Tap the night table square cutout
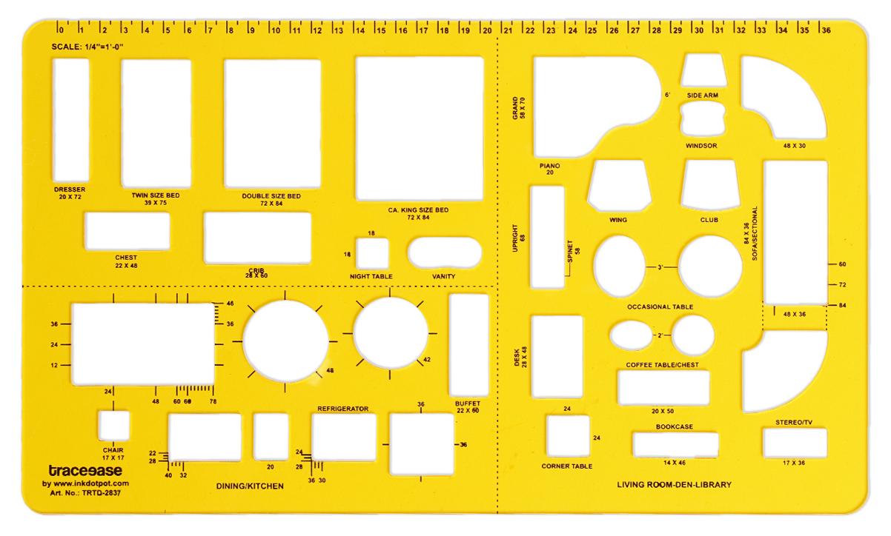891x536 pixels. pos(372,253)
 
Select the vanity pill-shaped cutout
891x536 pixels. pos(444,252)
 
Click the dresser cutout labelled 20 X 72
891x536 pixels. pos(71,120)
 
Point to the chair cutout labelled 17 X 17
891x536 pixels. pos(113,426)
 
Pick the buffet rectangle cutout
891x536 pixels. pos(468,345)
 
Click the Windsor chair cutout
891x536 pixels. pos(703,118)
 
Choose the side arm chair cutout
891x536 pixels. pos(703,70)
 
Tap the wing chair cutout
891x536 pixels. pos(619,185)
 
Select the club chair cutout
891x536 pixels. pos(710,184)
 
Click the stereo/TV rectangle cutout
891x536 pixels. pos(795,443)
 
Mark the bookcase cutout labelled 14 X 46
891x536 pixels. pos(675,445)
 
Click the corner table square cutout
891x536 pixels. pos(568,436)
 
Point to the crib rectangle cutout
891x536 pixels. pos(257,238)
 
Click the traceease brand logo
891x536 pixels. pos(85,471)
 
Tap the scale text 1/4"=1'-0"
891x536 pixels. pos(104,47)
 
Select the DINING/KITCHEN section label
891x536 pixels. pos(250,486)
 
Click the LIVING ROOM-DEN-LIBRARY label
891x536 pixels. pos(675,485)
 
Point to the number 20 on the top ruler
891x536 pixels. pos(487,30)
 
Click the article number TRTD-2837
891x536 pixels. pos(101,493)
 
